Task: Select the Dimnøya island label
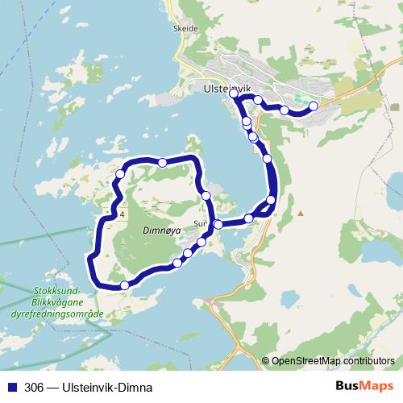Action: click(160, 228)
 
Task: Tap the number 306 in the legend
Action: click(35, 387)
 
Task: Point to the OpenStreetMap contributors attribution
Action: click(333, 362)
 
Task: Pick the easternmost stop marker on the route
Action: click(314, 105)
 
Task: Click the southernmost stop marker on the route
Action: click(124, 285)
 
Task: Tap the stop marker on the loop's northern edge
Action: click(163, 163)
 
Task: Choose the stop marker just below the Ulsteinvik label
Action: click(235, 94)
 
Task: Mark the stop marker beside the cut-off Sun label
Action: click(218, 225)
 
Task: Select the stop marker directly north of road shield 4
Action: click(120, 173)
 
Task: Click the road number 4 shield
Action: click(121, 215)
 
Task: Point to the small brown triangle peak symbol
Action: click(300, 214)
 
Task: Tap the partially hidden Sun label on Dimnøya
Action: click(201, 225)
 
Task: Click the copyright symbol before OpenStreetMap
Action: click(266, 362)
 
